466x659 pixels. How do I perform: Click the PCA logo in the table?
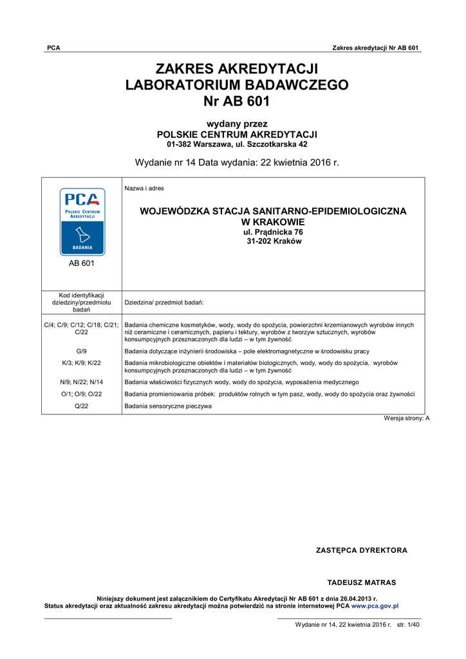click(82, 221)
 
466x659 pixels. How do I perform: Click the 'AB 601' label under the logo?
click(82, 264)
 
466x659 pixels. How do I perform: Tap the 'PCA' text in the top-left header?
click(53, 48)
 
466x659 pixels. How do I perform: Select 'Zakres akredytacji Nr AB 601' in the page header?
click(376, 48)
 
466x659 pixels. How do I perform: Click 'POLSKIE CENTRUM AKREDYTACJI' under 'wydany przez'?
click(237, 134)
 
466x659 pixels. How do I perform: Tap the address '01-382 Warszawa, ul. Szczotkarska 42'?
click(237, 144)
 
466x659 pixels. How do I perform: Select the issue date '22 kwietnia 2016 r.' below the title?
click(300, 162)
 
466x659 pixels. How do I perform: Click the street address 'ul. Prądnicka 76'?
click(273, 232)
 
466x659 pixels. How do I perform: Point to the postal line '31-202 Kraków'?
click(274, 241)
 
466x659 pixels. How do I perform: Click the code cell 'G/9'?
click(81, 351)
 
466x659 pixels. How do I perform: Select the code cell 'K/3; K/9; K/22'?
click(81, 363)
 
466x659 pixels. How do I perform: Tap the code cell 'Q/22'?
click(81, 406)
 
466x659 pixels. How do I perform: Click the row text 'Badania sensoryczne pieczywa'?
click(168, 406)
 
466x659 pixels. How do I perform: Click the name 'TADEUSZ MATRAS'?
click(362, 582)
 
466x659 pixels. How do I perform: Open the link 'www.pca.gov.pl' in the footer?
click(375, 606)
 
